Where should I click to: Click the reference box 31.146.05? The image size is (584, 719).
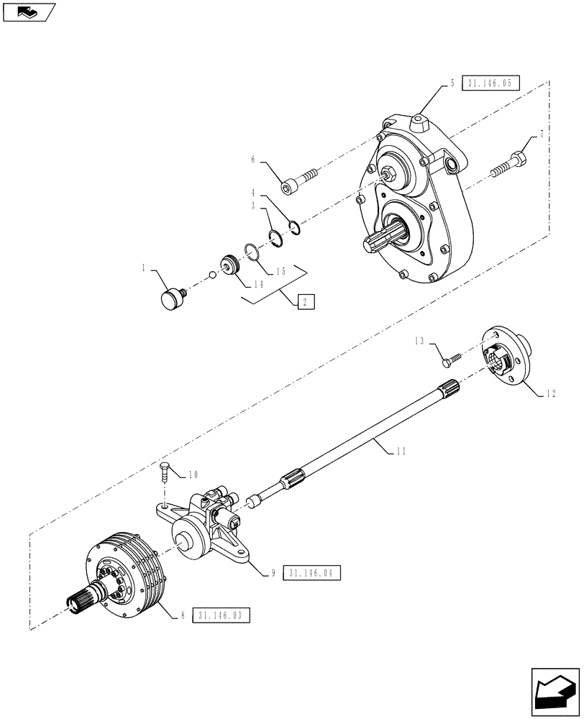point(488,83)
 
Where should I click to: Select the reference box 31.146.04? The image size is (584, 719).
point(311,573)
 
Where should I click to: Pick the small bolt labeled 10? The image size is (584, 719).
point(165,475)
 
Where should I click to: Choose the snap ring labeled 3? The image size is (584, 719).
point(274,238)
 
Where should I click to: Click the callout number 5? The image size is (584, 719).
point(452,83)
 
